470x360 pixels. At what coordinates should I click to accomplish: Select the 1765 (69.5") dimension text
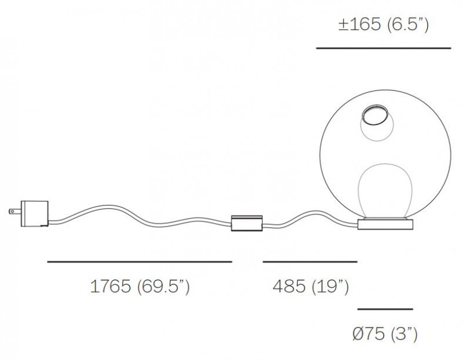pyautogui.click(x=140, y=287)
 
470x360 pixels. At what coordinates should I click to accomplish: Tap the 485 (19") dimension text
pyautogui.click(x=311, y=287)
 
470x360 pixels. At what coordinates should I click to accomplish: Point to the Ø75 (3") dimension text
pyautogui.click(x=385, y=335)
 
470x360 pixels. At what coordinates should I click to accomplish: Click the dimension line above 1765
pyautogui.click(x=140, y=261)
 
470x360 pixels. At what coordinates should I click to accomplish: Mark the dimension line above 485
pyautogui.click(x=310, y=261)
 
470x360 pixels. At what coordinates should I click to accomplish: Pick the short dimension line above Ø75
pyautogui.click(x=385, y=309)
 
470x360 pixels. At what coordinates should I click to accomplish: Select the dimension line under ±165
pyautogui.click(x=383, y=48)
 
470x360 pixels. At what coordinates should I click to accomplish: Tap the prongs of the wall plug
pyautogui.click(x=12, y=211)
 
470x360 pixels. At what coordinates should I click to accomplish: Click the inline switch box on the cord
pyautogui.click(x=247, y=223)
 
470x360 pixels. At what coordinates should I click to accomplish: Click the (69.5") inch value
pyautogui.click(x=163, y=287)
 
